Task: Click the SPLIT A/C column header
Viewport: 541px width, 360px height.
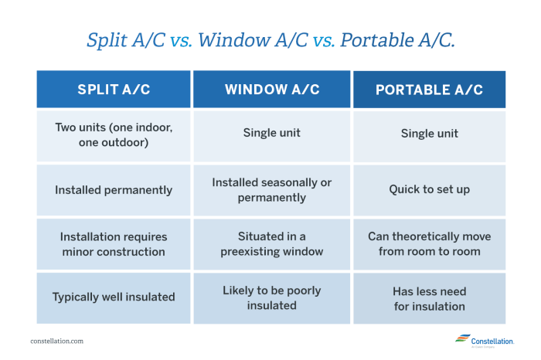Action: click(x=114, y=90)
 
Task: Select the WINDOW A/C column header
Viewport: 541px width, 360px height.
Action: click(x=272, y=90)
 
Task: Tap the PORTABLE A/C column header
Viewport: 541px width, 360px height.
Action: click(x=429, y=90)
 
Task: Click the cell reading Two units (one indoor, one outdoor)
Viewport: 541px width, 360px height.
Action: click(x=114, y=134)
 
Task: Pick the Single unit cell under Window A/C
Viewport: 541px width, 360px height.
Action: click(x=272, y=134)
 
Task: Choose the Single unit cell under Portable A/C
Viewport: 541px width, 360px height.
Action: click(x=429, y=134)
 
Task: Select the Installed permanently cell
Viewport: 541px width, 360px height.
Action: click(x=114, y=190)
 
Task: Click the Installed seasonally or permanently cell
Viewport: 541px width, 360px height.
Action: click(x=272, y=190)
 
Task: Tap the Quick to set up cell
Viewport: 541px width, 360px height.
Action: click(x=429, y=190)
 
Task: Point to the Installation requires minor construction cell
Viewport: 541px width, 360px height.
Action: click(x=114, y=244)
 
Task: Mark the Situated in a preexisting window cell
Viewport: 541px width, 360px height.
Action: click(x=272, y=244)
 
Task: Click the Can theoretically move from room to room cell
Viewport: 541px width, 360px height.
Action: click(x=429, y=244)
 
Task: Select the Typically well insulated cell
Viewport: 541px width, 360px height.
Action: click(x=114, y=297)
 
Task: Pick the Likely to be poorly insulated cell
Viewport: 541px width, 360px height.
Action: click(x=272, y=297)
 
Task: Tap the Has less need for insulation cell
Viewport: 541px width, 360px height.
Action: click(x=429, y=297)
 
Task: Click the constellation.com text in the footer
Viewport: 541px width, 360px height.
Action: click(x=57, y=341)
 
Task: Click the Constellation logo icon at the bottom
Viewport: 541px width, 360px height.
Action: click(x=462, y=339)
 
